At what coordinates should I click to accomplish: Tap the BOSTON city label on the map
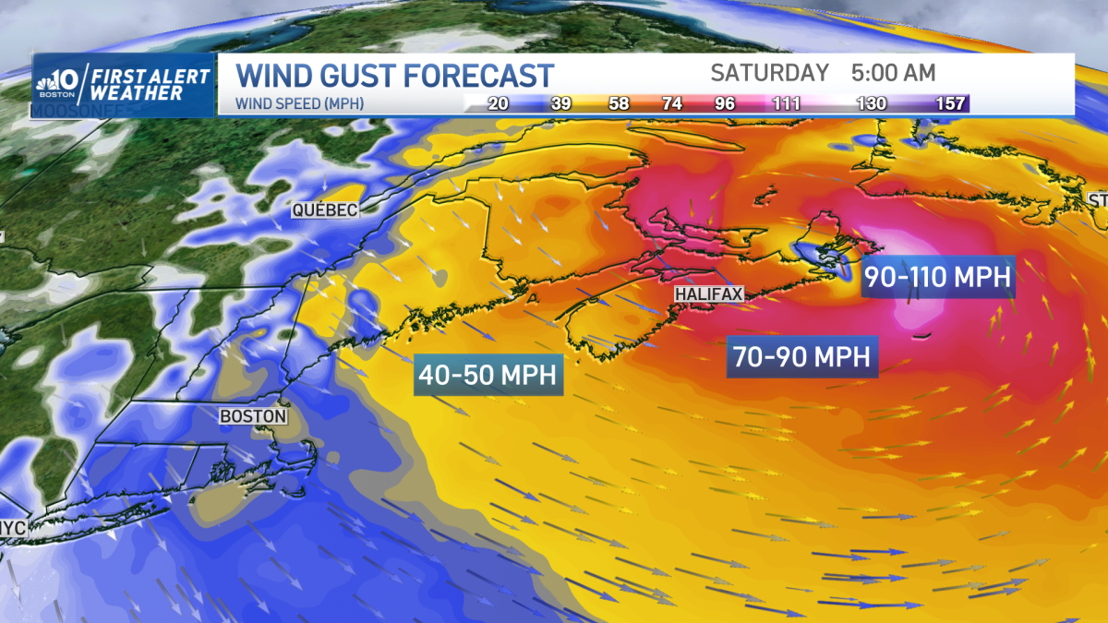(252, 416)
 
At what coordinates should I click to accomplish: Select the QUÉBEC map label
(324, 210)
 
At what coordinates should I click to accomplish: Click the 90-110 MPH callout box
(938, 276)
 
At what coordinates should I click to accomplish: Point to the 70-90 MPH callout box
(802, 356)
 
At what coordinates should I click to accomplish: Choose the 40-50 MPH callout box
(489, 375)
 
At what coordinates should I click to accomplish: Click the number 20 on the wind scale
(499, 103)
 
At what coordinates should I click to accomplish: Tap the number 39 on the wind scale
(559, 103)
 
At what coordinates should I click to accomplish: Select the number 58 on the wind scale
(618, 103)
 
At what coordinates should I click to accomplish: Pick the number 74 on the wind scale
(671, 103)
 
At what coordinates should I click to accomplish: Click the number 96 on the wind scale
(725, 103)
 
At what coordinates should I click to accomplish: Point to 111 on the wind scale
(787, 103)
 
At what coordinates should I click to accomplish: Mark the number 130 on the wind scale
(873, 103)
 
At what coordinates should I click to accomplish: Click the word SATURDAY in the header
(769, 73)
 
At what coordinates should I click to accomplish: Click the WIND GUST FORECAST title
(395, 75)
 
